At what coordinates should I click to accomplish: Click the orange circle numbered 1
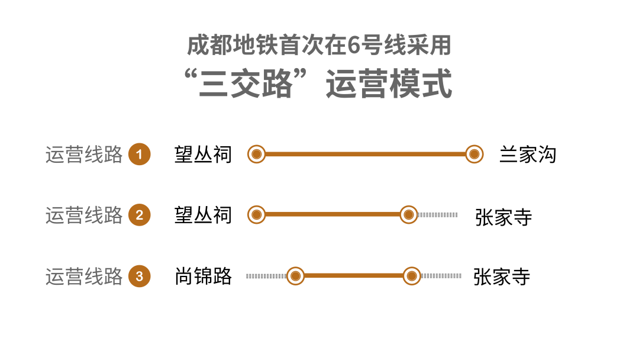point(140,155)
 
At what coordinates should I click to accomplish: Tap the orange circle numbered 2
point(140,215)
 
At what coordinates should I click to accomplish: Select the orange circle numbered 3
point(140,276)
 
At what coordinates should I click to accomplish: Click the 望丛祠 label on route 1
point(203,155)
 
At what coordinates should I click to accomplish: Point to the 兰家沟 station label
point(528,155)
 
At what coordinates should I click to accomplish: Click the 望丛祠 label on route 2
point(203,215)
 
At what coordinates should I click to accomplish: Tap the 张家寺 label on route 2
point(504,217)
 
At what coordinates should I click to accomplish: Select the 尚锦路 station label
point(203,276)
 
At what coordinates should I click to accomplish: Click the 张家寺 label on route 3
point(502,277)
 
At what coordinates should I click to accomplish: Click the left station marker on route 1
point(256,155)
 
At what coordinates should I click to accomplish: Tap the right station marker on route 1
point(474,155)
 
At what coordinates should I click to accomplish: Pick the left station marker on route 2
point(256,214)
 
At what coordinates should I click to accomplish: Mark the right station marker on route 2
point(409,214)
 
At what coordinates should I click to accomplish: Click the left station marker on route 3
point(296,276)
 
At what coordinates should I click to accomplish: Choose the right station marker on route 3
point(411,276)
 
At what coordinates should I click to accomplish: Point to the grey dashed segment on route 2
point(438,214)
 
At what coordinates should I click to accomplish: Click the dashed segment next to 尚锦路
point(266,276)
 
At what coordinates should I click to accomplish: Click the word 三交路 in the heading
point(246,84)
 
